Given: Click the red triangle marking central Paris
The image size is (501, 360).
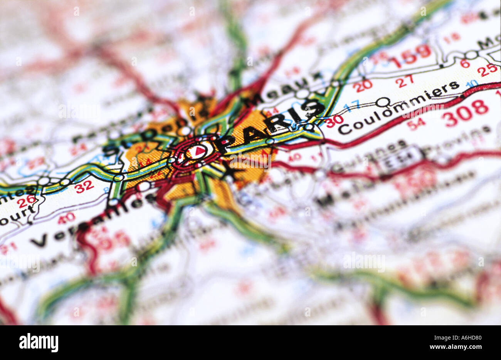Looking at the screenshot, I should coord(198,151).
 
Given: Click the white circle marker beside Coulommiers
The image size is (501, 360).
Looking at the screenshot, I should coord(382,102).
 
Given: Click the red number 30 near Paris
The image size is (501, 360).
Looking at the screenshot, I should coord(334,121).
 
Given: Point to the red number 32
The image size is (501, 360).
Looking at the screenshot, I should coord(84,187).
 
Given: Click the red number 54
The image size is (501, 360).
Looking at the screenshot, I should coord(416,124).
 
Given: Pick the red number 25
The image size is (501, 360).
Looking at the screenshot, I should coord(487,69).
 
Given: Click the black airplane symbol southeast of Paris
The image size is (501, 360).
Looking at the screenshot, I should coord(231,170).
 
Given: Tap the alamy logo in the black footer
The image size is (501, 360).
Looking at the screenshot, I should coord(39,342).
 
